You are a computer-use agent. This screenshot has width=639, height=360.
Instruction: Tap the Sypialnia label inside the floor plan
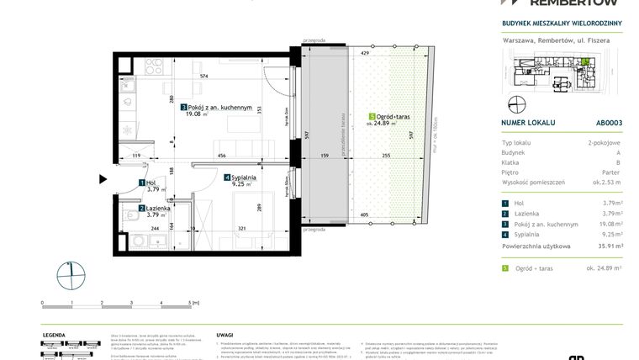[245, 178]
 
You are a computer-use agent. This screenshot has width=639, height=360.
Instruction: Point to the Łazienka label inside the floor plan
[156, 209]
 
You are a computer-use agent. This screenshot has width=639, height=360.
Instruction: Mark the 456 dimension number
[221, 156]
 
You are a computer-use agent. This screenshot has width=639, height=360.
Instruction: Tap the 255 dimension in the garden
[385, 156]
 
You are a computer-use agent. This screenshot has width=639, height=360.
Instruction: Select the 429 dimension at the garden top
[365, 53]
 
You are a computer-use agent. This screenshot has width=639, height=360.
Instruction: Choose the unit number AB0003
[609, 123]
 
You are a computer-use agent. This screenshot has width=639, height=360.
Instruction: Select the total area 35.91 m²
[605, 246]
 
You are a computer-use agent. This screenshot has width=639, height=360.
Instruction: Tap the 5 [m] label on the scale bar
[194, 301]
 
